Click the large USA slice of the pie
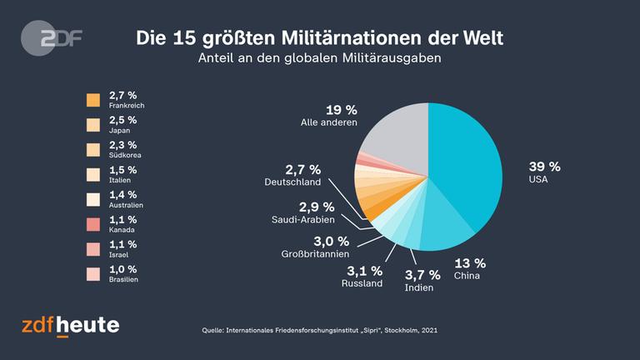(x=471, y=167)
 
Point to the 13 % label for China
(x=469, y=262)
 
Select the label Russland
(x=362, y=282)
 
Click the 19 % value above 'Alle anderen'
(x=340, y=109)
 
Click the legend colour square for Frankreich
(x=93, y=100)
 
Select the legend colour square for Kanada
(x=93, y=224)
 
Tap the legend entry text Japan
(x=119, y=130)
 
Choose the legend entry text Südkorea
(x=123, y=155)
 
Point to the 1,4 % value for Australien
(x=123, y=194)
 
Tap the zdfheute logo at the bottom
(x=70, y=325)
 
